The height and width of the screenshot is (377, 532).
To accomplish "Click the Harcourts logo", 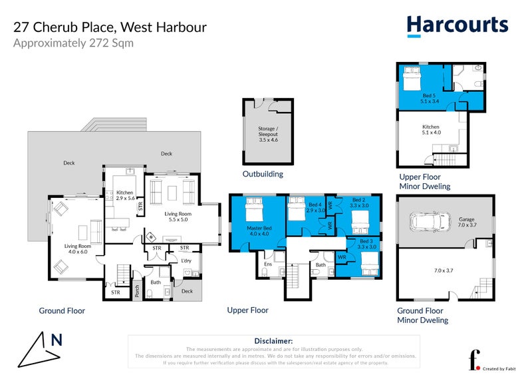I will click(457, 25).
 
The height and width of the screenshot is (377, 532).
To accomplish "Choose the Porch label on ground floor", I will click(136, 290).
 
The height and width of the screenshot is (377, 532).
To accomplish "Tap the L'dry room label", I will click(188, 261).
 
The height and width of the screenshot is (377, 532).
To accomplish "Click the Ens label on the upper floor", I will click(269, 264).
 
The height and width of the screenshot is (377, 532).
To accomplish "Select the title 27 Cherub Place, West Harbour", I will click(110, 27).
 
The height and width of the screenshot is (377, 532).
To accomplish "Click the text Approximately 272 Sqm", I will click(73, 44).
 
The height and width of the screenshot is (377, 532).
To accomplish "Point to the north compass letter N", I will click(57, 340).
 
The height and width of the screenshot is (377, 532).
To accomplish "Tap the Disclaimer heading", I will click(273, 340).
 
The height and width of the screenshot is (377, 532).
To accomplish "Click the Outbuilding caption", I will click(263, 175).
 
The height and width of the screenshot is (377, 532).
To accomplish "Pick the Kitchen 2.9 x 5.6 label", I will click(125, 195).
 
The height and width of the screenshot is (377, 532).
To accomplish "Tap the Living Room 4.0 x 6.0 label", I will click(76, 248).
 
